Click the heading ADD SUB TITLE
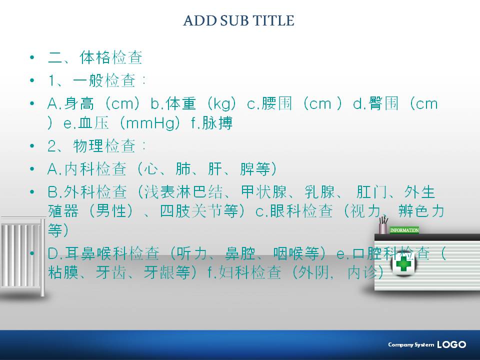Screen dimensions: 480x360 coord(239,20)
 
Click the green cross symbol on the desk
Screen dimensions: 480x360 coord(403,263)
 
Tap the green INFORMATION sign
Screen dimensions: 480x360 coord(404,230)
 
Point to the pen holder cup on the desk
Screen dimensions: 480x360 coord(383,228)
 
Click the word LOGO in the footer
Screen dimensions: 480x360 coord(451,344)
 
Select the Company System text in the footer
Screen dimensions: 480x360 coord(411,344)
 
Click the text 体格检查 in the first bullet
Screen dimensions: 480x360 coord(111,57)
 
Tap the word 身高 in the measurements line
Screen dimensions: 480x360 coord(79,103)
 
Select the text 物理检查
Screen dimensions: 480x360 coord(104,145)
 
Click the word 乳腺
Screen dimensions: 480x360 coord(319,192)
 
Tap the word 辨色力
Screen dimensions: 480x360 coord(421,210)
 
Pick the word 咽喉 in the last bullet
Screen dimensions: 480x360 coord(288,253)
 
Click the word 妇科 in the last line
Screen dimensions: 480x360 coord(234,272)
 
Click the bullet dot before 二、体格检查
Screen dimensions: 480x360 coord(32,57)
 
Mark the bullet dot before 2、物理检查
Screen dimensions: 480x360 coord(32,145)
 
